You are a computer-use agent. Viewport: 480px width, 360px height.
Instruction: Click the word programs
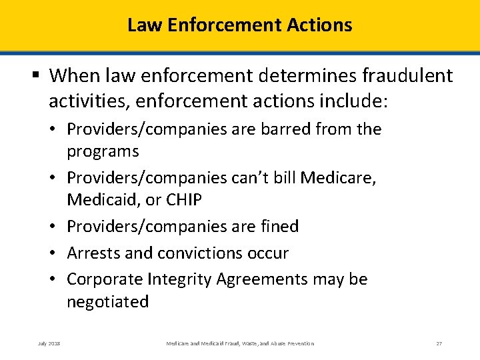pos(103,151)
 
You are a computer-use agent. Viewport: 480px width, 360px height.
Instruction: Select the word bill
pos(283,177)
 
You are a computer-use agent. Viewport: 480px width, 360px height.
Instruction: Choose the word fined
pos(277,227)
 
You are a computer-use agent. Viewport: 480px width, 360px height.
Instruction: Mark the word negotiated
pos(107,302)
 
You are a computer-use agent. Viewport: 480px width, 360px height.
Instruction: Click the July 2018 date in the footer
pos(49,343)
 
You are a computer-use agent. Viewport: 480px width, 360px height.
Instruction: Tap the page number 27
pos(439,343)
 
